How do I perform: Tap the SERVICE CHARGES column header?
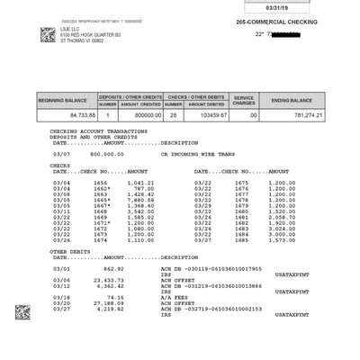pyautogui.click(x=245, y=99)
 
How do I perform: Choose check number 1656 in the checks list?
pyautogui.click(x=100, y=183)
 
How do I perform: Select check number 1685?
pyautogui.click(x=241, y=239)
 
